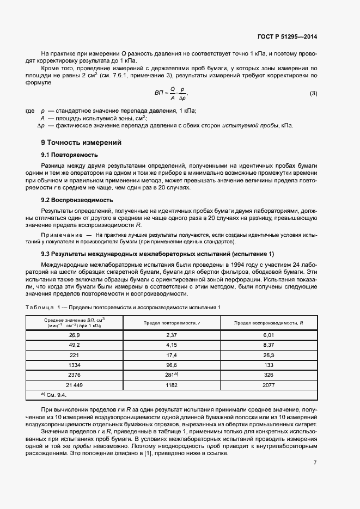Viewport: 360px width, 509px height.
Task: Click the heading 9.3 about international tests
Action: pos(158,254)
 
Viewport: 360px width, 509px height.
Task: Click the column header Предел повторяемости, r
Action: pos(172,323)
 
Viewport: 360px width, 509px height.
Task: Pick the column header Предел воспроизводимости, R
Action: pos(269,323)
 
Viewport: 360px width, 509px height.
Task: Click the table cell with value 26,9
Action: pos(74,335)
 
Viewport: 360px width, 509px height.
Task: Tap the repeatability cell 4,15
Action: pos(172,345)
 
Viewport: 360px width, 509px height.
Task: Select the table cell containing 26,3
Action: pos(269,355)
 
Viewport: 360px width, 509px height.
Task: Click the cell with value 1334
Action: pos(74,365)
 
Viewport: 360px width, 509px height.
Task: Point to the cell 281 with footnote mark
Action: pos(172,375)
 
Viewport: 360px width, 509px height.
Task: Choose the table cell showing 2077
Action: pos(269,384)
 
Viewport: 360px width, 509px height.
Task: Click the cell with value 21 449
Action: pos(74,384)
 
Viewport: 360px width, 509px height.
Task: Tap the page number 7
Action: pos(315,463)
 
